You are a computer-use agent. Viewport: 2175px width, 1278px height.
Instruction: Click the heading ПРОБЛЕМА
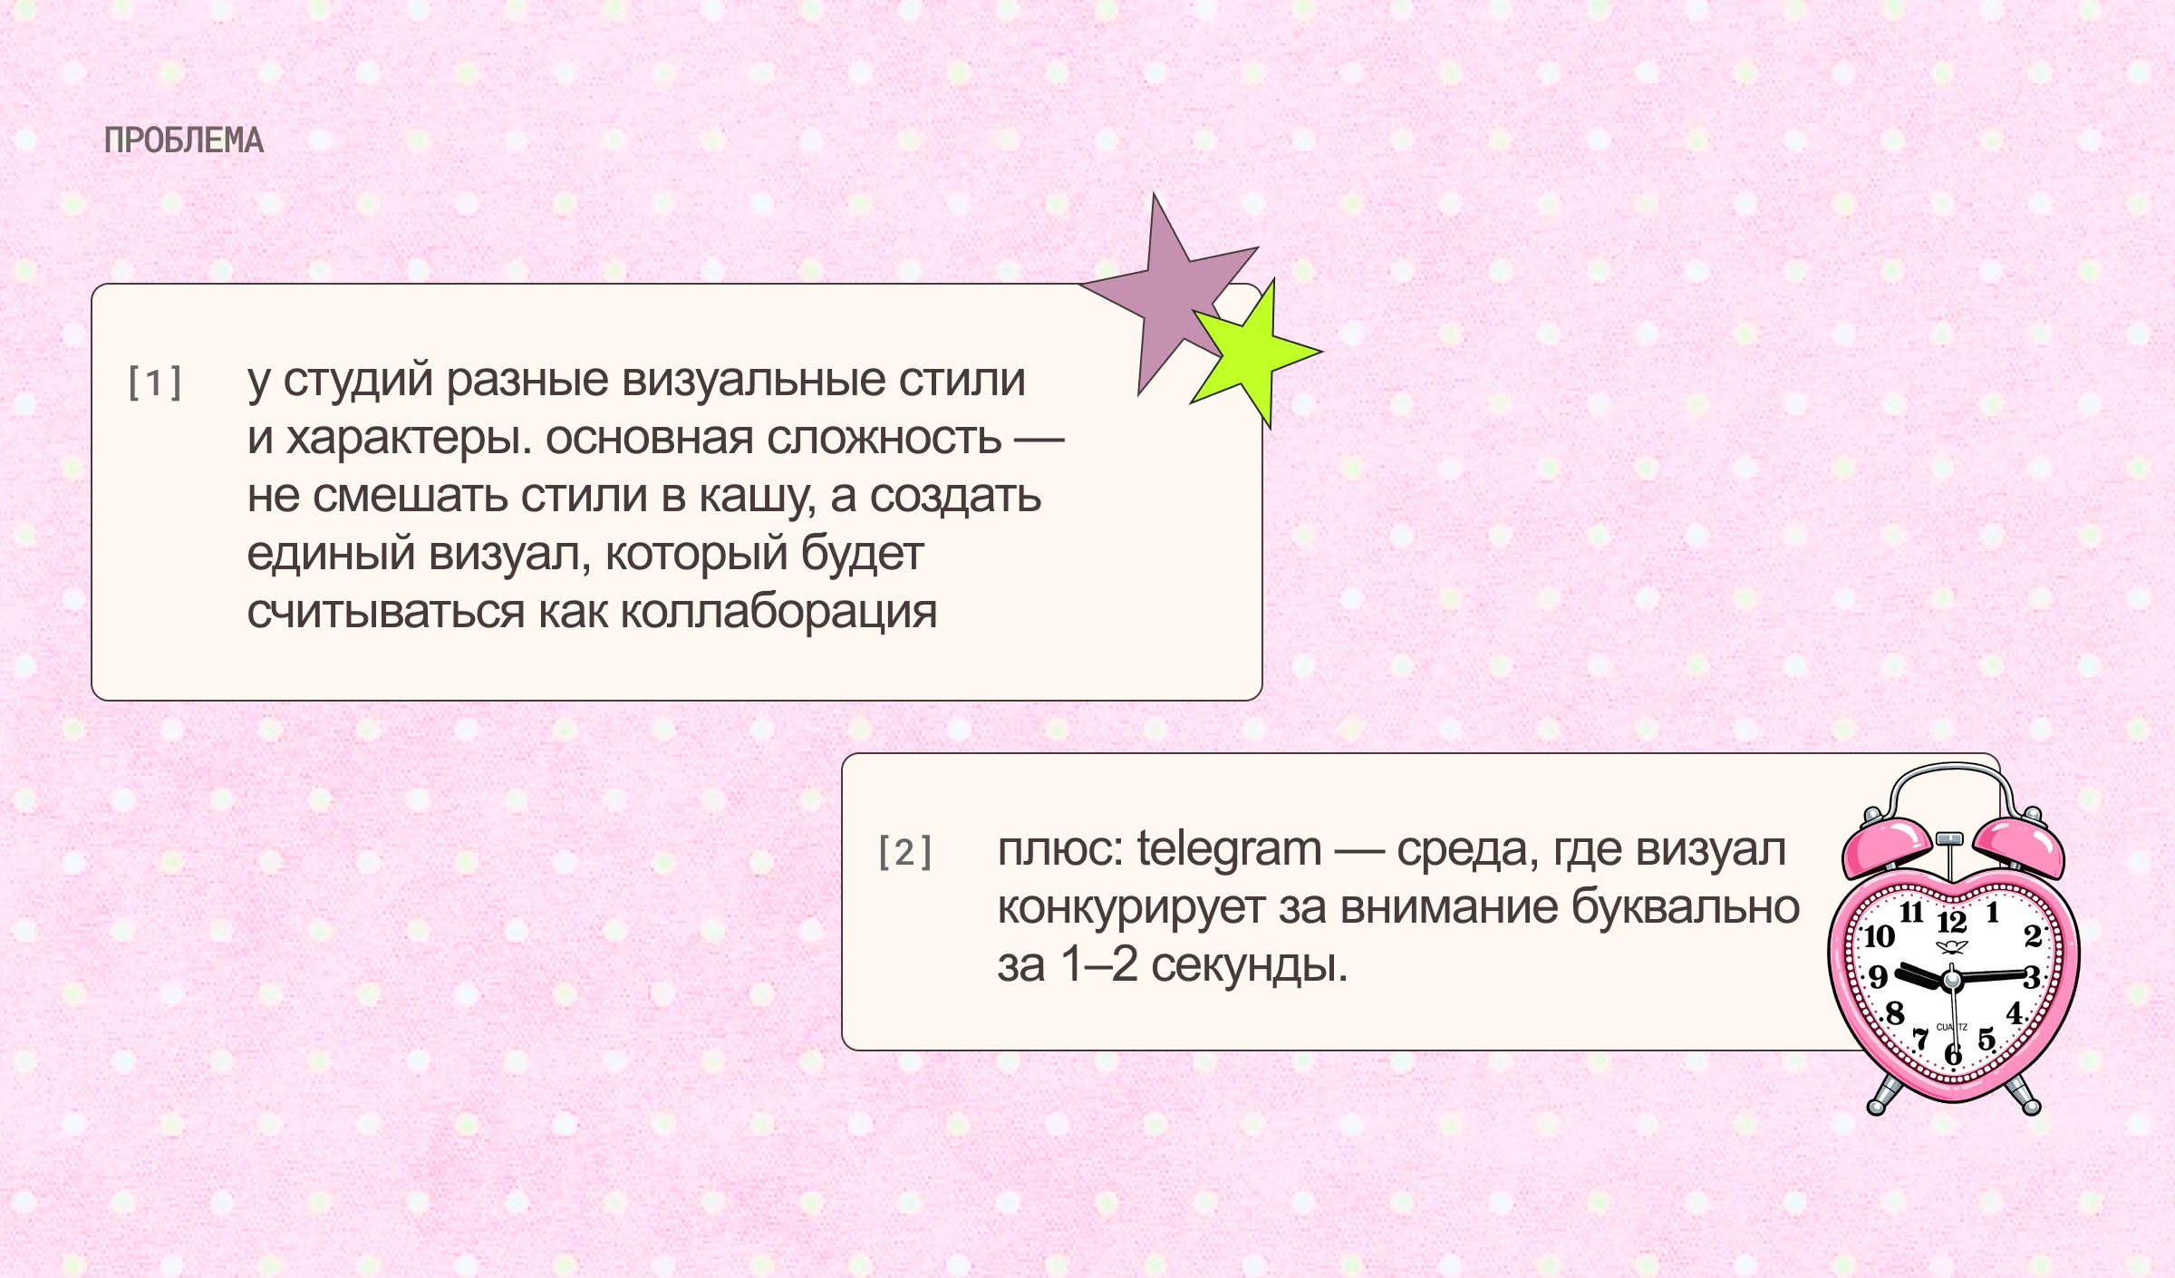click(x=184, y=141)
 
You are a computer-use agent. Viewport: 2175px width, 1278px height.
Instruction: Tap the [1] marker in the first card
click(x=155, y=382)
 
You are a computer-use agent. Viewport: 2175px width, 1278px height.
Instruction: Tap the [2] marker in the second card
click(x=904, y=852)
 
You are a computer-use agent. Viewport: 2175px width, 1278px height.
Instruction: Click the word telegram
click(x=1229, y=850)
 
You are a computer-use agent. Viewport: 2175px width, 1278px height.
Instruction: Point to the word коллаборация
click(x=778, y=612)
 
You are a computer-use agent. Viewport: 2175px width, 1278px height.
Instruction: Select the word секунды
click(x=1250, y=966)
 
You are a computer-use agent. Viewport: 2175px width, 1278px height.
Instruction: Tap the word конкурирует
click(x=1131, y=908)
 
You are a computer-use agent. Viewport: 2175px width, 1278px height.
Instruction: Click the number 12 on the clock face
click(x=1952, y=923)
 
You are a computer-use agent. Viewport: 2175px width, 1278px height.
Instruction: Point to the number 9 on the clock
click(x=1879, y=976)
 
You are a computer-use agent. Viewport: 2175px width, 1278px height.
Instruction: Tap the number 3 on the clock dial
click(x=2032, y=977)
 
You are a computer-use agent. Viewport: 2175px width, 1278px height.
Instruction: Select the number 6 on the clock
click(x=1954, y=1054)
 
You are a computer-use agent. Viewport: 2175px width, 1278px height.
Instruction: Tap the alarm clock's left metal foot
click(x=1880, y=1098)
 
